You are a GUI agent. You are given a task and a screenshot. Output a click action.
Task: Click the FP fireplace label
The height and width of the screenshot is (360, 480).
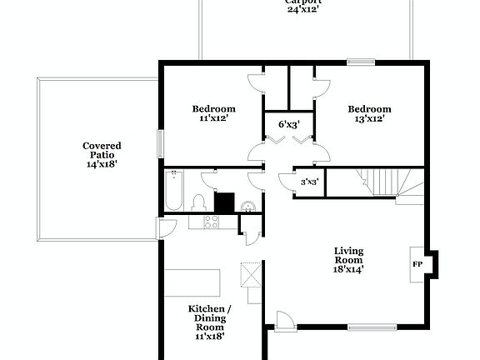pos(417,264)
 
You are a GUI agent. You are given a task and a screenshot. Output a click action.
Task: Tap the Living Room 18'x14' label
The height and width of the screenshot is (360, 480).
pos(348,259)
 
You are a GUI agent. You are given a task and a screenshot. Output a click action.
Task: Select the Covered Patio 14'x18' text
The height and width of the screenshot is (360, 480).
pos(102,155)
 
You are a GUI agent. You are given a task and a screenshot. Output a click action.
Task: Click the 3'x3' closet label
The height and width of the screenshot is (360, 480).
pos(309,182)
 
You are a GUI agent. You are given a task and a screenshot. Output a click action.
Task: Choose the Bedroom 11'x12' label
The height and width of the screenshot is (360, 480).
pos(213,113)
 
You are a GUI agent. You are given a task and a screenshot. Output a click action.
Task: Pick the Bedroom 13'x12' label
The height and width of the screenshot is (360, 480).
pos(369,113)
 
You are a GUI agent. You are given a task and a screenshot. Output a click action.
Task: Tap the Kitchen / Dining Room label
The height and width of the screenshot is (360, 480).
pos(209,322)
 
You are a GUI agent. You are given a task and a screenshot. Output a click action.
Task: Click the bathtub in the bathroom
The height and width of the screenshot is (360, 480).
pos(173,190)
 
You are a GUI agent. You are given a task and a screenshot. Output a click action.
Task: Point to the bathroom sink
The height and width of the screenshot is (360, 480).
pos(247,206)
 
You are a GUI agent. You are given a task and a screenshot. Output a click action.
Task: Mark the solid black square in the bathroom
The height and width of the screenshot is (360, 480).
pos(224,202)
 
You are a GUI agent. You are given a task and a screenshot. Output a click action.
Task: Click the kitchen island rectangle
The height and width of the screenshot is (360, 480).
pos(191,282)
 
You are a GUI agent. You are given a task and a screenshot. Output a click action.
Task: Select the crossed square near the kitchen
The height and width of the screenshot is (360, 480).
pos(251,274)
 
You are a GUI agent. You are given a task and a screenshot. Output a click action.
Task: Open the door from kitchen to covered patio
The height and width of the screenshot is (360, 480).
pos(167,227)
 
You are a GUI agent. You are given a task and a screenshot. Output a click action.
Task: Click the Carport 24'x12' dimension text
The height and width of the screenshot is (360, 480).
pos(303,6)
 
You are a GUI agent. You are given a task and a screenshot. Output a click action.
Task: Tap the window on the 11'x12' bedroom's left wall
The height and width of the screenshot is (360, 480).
pos(162,142)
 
